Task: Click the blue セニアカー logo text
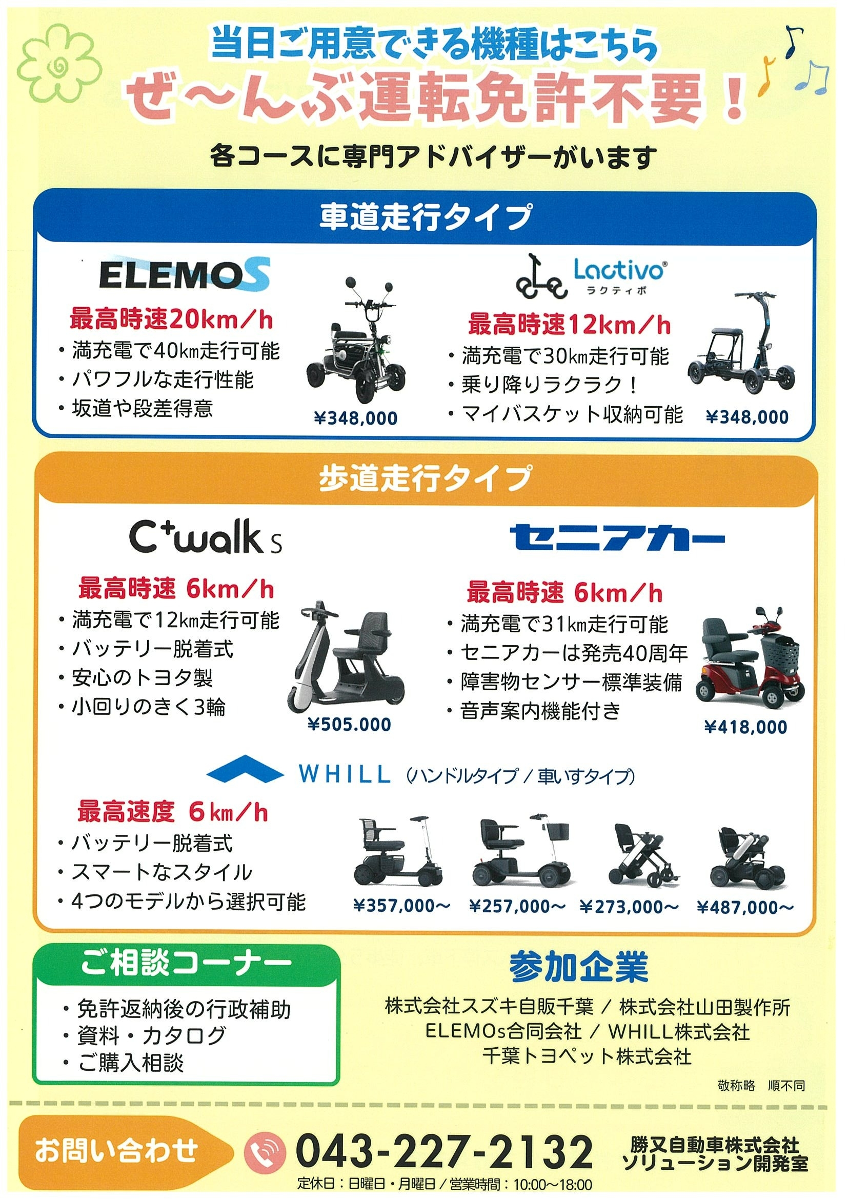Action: (617, 537)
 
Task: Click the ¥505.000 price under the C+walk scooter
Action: (350, 725)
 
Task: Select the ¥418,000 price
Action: (745, 727)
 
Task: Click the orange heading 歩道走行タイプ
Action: (426, 478)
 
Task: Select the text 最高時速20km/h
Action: (171, 319)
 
